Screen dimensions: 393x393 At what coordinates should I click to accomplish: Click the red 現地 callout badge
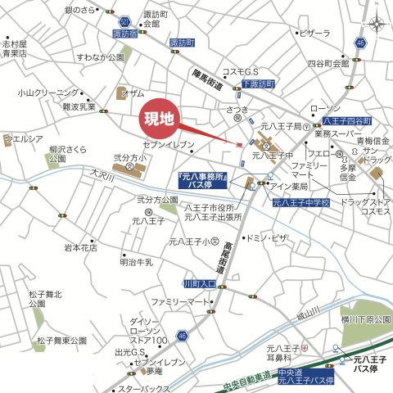(160, 118)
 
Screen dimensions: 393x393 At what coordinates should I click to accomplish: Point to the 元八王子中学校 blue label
(300, 201)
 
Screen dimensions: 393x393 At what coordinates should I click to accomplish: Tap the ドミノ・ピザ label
(268, 237)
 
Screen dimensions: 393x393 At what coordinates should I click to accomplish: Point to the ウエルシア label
(24, 139)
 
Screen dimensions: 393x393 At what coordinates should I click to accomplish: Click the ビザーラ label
(314, 34)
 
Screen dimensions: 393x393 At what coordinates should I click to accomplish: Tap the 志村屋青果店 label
(15, 47)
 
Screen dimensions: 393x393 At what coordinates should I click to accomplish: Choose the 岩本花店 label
(81, 246)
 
